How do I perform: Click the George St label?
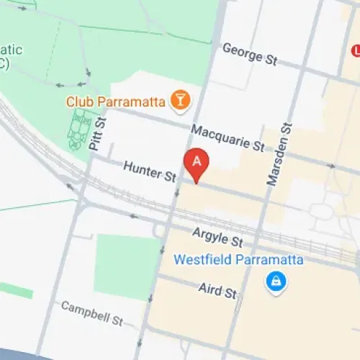coord(250,54)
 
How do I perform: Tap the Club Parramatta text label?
coord(115,102)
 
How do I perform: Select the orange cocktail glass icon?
coord(180,101)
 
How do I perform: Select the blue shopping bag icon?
coord(274,282)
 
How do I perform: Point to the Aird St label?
coord(217,290)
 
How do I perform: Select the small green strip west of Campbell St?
coord(16,291)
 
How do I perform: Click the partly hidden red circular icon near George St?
coord(355,50)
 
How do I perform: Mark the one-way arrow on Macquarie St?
coord(331,166)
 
